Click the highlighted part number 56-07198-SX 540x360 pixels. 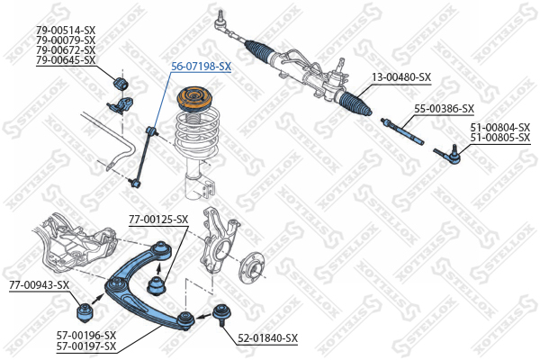[x=201, y=66]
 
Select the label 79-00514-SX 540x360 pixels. [x=66, y=31]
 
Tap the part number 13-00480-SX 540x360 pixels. [x=401, y=77]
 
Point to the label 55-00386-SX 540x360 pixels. [x=445, y=109]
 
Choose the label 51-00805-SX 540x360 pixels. [x=500, y=138]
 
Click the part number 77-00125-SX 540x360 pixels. [x=158, y=219]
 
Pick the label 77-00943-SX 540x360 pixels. [x=40, y=285]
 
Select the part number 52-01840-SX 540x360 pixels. [x=268, y=338]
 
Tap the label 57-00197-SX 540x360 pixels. [x=86, y=346]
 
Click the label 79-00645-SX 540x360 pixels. [x=66, y=60]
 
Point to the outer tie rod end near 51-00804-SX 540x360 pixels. [x=448, y=155]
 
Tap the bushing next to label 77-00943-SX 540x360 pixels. [x=84, y=312]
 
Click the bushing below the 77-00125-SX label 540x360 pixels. [x=157, y=286]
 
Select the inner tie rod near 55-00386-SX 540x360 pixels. [x=402, y=130]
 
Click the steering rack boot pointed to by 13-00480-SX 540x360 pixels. [x=355, y=103]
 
